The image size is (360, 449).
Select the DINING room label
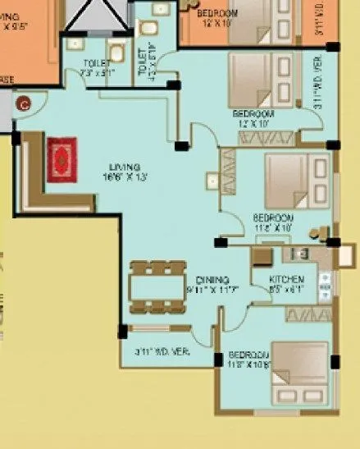212,280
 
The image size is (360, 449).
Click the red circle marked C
25,103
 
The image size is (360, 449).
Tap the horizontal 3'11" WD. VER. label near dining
162,351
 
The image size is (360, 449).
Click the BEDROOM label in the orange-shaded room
217,14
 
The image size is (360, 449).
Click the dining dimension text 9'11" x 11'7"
212,291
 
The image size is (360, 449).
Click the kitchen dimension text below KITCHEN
288,290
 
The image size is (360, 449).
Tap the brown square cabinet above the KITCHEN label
261,257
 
